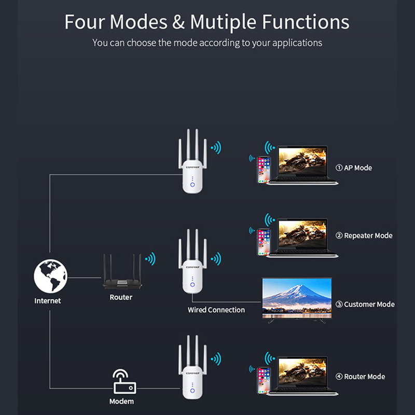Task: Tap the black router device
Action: click(121, 278)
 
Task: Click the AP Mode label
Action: click(354, 168)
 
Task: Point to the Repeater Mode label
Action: click(364, 236)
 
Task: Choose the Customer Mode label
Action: click(365, 305)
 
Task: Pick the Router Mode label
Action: click(361, 377)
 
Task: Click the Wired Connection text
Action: click(216, 310)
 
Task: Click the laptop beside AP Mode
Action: click(303, 165)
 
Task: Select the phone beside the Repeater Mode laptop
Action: click(264, 242)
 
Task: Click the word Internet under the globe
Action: click(48, 300)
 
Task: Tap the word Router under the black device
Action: click(121, 297)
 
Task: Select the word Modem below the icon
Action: click(121, 402)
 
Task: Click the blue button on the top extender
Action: click(192, 184)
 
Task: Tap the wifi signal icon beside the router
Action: click(150, 258)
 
